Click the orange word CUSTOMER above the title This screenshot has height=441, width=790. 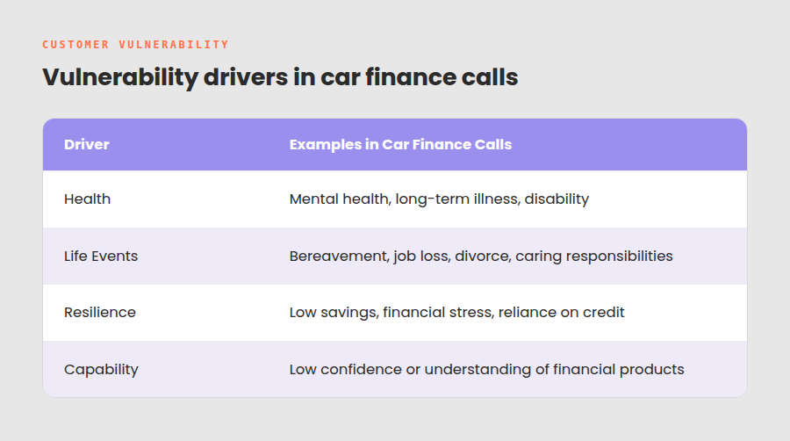(75, 45)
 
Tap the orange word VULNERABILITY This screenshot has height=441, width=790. (174, 45)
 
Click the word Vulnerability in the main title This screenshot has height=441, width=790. (120, 77)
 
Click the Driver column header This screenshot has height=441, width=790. (87, 145)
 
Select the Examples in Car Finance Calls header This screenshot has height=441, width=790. (400, 145)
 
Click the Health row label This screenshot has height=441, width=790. (87, 199)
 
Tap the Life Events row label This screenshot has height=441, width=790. (101, 256)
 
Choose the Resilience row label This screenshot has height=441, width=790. (100, 313)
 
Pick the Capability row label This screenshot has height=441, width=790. (101, 370)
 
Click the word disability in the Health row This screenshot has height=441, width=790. (557, 199)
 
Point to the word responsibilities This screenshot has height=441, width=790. (619, 257)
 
